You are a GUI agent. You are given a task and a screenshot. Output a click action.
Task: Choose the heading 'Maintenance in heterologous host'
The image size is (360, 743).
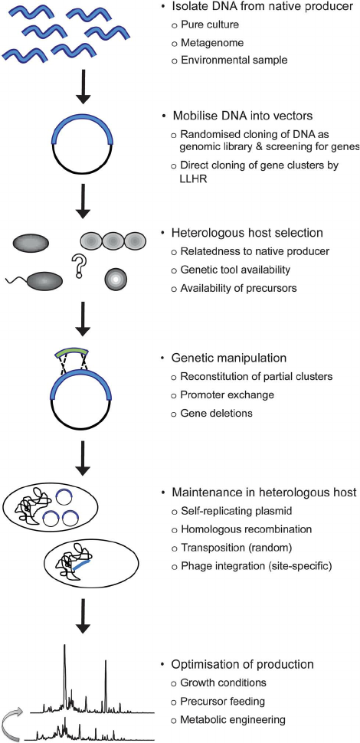pos(258,491)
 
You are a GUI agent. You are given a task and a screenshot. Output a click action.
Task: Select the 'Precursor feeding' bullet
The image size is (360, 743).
pos(223,700)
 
